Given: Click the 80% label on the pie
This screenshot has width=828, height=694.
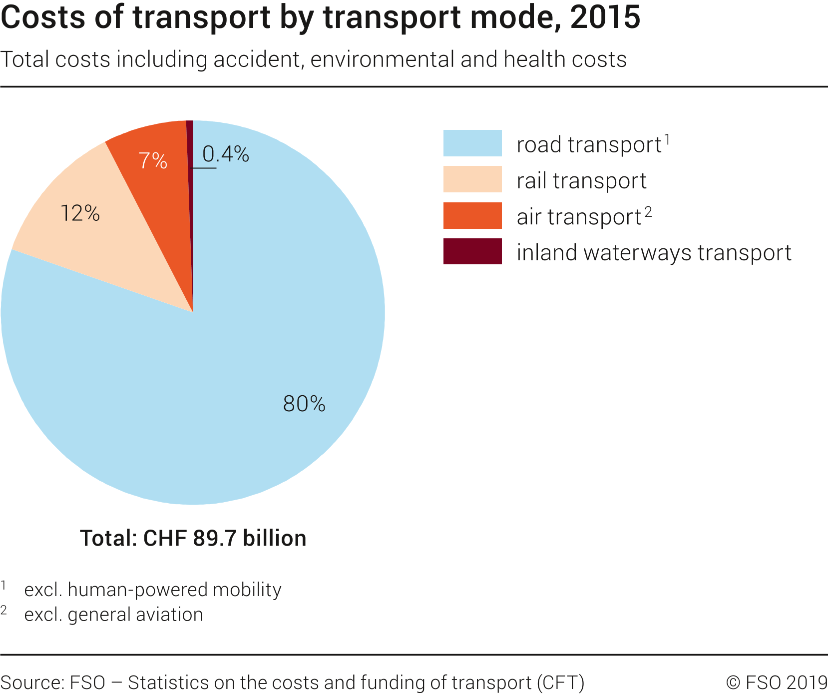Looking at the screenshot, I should (304, 404).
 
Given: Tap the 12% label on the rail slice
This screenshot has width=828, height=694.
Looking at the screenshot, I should (80, 213).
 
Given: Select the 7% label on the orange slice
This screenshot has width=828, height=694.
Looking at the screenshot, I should (152, 160).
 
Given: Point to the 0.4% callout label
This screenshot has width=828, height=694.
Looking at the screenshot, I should (226, 154).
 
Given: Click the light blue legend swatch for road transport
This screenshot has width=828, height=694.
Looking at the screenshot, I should (472, 143).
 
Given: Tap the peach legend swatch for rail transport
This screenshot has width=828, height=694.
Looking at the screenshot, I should (472, 179).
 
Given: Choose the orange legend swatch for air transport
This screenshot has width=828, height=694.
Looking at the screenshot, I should (472, 215).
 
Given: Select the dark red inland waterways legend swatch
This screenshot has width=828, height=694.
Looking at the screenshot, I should (472, 251).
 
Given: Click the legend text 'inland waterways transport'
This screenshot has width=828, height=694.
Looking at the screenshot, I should (654, 252).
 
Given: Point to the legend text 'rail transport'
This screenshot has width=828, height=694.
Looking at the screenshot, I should (581, 180).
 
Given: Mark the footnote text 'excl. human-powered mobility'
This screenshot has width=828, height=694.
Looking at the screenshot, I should (152, 590).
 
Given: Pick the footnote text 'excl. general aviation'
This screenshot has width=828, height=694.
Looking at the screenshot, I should (113, 615).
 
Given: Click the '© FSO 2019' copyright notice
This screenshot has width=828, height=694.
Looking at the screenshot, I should (777, 683).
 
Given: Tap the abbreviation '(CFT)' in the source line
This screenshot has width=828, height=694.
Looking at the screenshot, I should (560, 683).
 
